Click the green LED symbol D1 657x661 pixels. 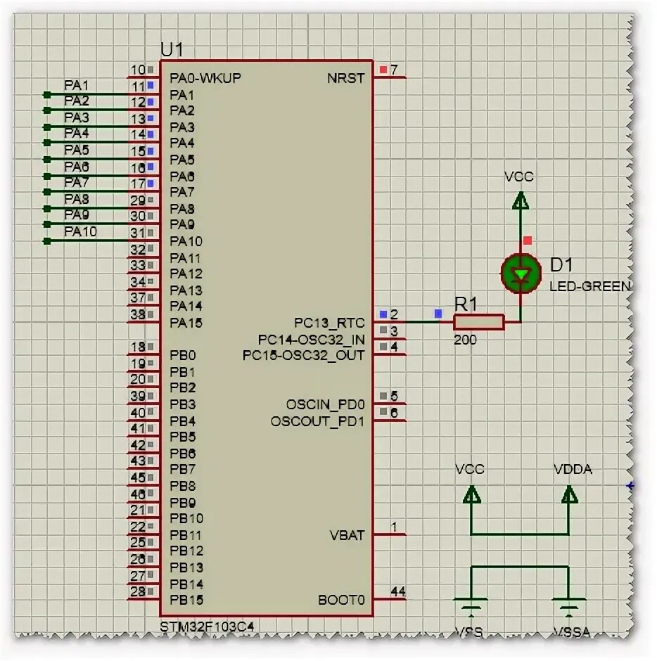521,274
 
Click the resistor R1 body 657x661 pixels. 478,322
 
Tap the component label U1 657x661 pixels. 172,50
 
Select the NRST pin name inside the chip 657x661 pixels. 346,77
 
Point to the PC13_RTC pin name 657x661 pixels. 329,323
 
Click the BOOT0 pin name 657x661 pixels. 341,600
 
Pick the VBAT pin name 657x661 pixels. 347,535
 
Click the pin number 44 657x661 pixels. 397,592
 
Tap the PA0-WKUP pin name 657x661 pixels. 205,77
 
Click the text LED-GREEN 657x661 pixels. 590,287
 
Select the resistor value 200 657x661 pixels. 465,340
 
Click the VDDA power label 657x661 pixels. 573,469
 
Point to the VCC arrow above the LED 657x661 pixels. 520,203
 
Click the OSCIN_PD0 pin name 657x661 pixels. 326,404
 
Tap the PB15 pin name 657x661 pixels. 186,601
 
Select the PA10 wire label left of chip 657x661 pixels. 81,231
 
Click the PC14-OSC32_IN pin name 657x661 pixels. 311,340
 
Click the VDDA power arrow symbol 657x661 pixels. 569,495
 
